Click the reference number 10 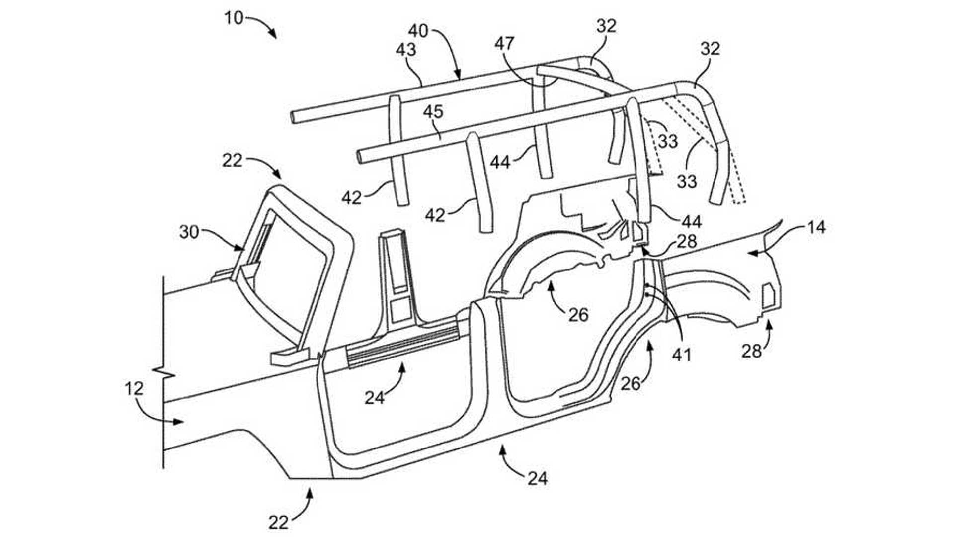pyautogui.click(x=234, y=18)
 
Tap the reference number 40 pyautogui.click(x=418, y=31)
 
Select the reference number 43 pyautogui.click(x=406, y=49)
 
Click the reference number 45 pyautogui.click(x=433, y=111)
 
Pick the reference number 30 pyautogui.click(x=189, y=232)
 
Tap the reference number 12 pyautogui.click(x=133, y=388)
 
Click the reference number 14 pyautogui.click(x=816, y=227)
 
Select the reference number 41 pyautogui.click(x=682, y=354)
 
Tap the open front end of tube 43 pyautogui.click(x=294, y=117)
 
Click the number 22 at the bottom pyautogui.click(x=279, y=522)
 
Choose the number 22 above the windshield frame pyautogui.click(x=232, y=160)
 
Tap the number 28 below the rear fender pyautogui.click(x=751, y=352)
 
